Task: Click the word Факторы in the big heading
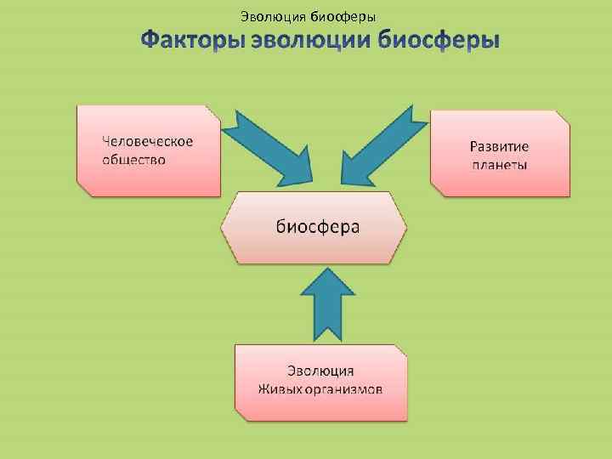(194, 41)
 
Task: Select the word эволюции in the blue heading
(314, 41)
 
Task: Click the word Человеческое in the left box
(148, 141)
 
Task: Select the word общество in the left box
(134, 159)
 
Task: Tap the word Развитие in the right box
(500, 146)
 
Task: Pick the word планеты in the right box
(500, 164)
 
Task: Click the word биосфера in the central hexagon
(318, 226)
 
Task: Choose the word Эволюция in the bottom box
(320, 371)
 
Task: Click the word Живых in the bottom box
(277, 389)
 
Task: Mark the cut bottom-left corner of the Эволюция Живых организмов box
(241, 415)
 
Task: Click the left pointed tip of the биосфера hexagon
(223, 227)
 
